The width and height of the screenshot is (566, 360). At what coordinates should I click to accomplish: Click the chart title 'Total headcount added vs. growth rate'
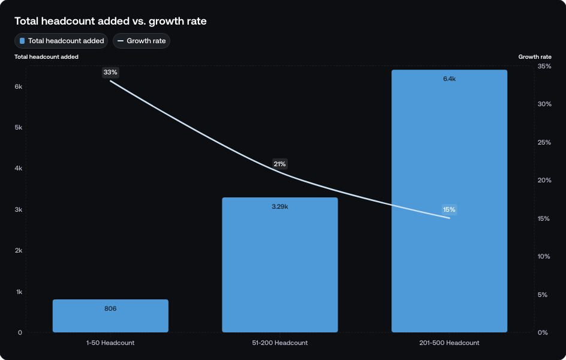click(x=110, y=21)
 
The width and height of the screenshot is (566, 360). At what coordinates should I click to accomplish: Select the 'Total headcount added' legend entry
click(x=61, y=41)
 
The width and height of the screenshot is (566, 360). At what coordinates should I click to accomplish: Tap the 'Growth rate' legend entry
click(x=141, y=41)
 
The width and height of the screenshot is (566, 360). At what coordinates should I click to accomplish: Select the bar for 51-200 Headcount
click(x=280, y=270)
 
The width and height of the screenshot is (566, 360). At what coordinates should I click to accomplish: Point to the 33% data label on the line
click(x=110, y=72)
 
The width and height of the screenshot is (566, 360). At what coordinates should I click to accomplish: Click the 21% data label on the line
click(x=280, y=164)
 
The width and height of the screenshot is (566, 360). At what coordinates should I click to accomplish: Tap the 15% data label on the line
click(x=449, y=209)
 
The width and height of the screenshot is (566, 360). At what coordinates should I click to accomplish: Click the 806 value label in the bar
click(x=110, y=308)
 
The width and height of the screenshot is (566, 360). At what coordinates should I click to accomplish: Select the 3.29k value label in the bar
click(x=280, y=206)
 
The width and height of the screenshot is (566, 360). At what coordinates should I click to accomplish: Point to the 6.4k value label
click(x=449, y=79)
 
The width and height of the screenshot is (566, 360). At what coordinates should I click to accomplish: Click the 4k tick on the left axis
click(x=19, y=169)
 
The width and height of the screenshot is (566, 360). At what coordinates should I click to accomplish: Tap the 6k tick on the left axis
click(x=19, y=86)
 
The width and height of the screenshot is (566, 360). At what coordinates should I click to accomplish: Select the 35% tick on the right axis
click(x=544, y=66)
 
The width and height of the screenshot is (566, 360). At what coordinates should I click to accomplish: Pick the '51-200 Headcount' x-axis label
click(x=280, y=343)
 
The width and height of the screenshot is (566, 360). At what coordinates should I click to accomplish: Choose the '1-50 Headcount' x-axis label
click(x=110, y=343)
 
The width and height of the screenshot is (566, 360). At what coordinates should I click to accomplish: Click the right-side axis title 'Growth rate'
click(x=535, y=56)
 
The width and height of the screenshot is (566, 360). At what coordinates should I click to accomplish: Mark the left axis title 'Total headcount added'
click(x=46, y=56)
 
